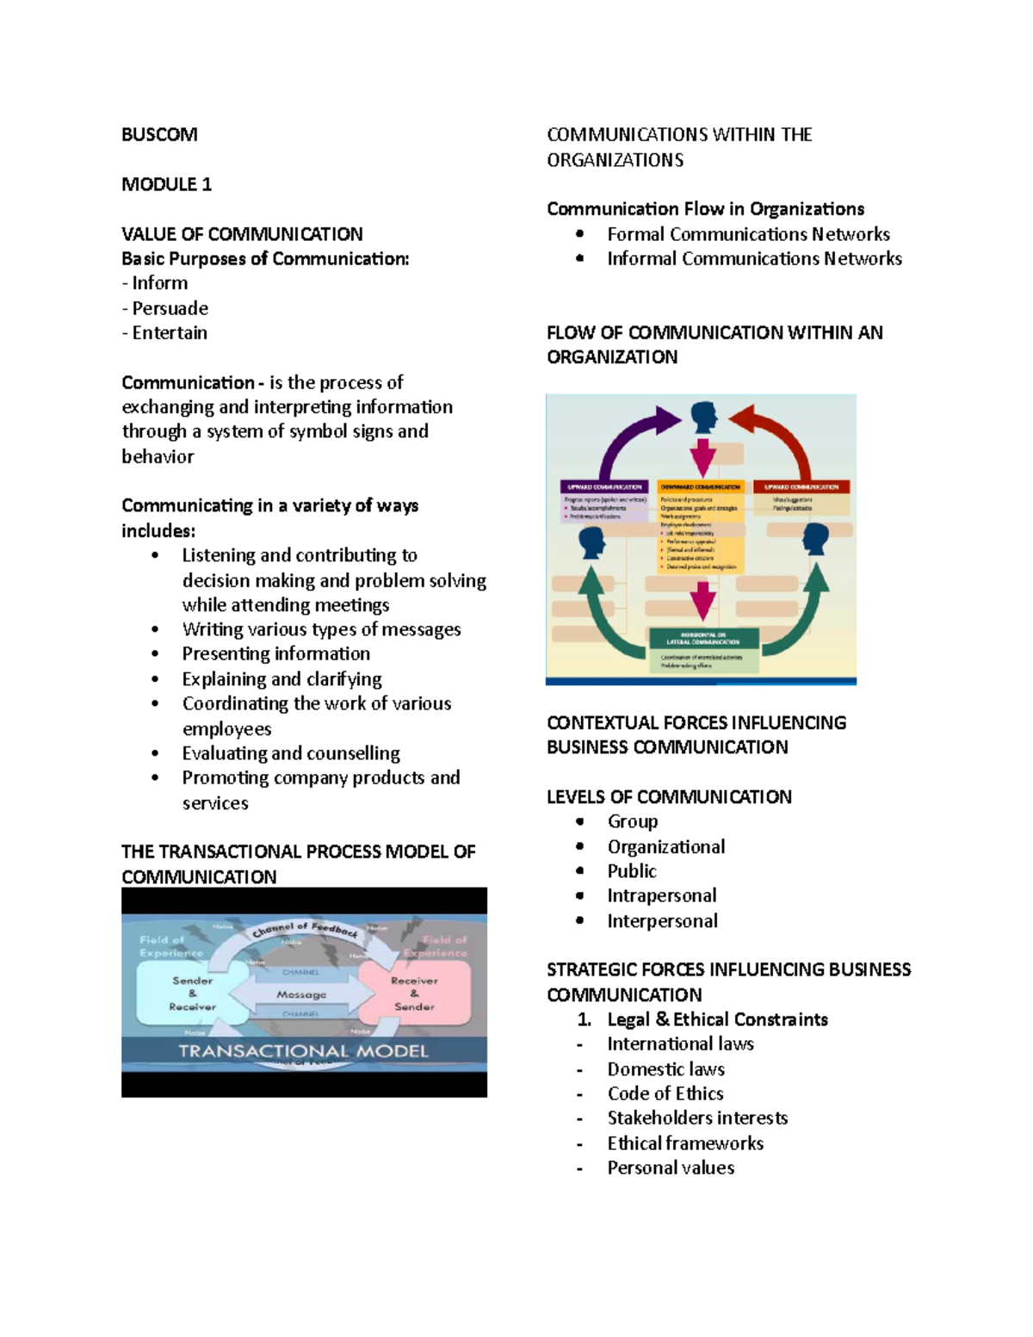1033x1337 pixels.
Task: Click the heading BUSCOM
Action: click(x=159, y=134)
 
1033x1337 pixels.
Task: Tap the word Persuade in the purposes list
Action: click(x=170, y=308)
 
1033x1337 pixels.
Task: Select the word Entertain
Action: click(x=170, y=333)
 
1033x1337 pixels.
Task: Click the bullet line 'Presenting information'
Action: click(x=275, y=654)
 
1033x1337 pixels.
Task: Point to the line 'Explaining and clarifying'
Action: click(x=281, y=679)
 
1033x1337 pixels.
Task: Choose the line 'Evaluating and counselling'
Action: click(x=290, y=753)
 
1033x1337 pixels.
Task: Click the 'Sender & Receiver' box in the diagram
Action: click(x=192, y=993)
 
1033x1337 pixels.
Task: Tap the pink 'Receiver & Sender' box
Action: click(x=414, y=993)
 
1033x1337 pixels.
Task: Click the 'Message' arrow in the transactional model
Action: click(x=301, y=994)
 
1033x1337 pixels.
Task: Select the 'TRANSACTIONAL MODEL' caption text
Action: click(x=303, y=1051)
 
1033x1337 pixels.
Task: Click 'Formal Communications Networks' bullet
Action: click(x=748, y=234)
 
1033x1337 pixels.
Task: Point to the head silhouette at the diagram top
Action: click(x=703, y=417)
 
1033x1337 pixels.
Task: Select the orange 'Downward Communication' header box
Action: click(x=700, y=487)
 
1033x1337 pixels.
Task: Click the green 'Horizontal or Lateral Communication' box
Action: click(x=702, y=638)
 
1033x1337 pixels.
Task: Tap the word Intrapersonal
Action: click(x=661, y=896)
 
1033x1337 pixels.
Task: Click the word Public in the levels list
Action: click(x=631, y=871)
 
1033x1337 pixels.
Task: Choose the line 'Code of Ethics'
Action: click(x=665, y=1093)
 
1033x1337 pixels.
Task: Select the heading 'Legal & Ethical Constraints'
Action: click(x=717, y=1019)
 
